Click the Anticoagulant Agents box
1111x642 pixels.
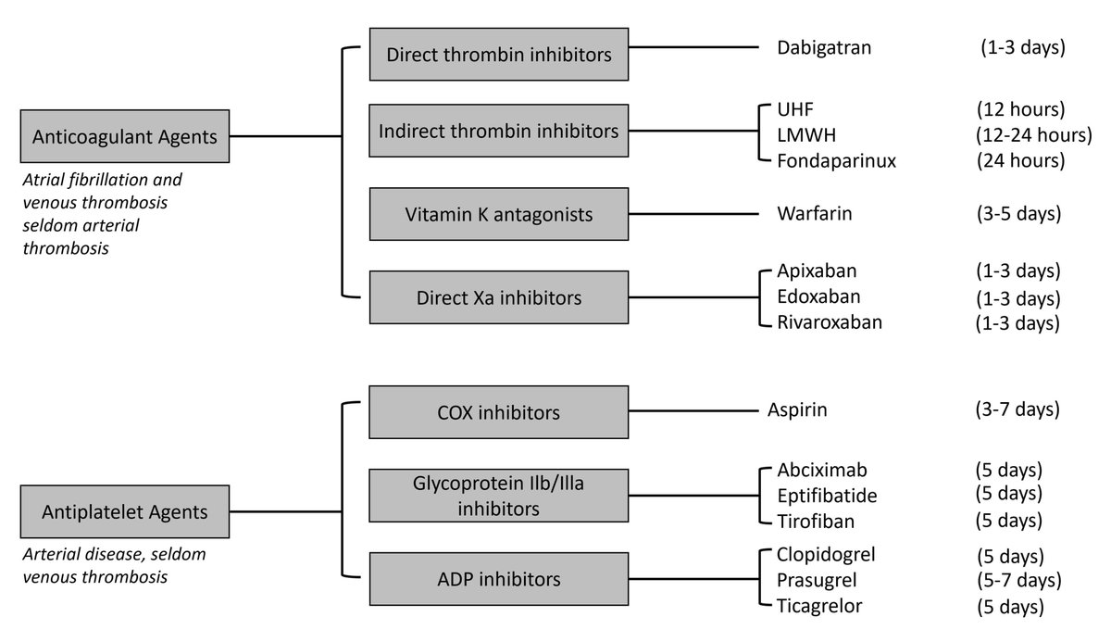pyautogui.click(x=125, y=136)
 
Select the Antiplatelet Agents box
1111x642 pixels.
pyautogui.click(x=125, y=510)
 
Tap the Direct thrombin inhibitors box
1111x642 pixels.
pyautogui.click(x=499, y=55)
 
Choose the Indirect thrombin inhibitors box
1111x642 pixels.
pyautogui.click(x=499, y=131)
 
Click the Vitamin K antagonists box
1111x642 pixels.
pyautogui.click(x=499, y=214)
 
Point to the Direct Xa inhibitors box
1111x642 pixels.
pyautogui.click(x=499, y=297)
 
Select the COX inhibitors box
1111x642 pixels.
pyautogui.click(x=499, y=410)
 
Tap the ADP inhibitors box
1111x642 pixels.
pyautogui.click(x=499, y=580)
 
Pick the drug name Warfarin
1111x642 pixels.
pyautogui.click(x=815, y=214)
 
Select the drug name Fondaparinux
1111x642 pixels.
pyautogui.click(x=837, y=161)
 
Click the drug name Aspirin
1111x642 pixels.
pyautogui.click(x=797, y=409)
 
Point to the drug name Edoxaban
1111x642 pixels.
pyautogui.click(x=819, y=296)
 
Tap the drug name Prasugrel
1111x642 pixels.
pyautogui.click(x=818, y=580)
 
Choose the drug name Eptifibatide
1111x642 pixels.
pyautogui.click(x=827, y=496)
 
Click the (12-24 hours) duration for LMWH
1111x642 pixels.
pyautogui.click(x=1033, y=135)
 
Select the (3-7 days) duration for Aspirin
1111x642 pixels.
pyautogui.click(x=1019, y=409)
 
